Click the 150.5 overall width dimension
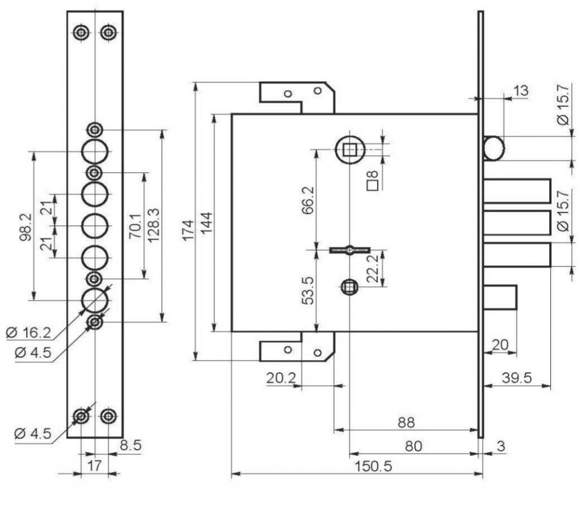(373, 466)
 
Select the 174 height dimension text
(189, 230)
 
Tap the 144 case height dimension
(207, 223)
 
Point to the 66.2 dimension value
(308, 200)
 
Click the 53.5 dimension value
(308, 291)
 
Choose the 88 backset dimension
(406, 422)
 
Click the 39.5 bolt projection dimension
(517, 378)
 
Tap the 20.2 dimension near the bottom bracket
(281, 378)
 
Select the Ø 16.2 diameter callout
(28, 333)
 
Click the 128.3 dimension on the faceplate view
(153, 225)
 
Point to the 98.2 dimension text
(25, 227)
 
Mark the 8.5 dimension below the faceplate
(131, 445)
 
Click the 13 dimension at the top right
(520, 90)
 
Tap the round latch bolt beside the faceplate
(493, 149)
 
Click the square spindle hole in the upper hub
(349, 150)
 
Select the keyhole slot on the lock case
(349, 250)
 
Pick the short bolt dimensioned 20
(500, 297)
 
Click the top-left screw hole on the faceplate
(80, 33)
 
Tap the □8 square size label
(373, 181)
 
